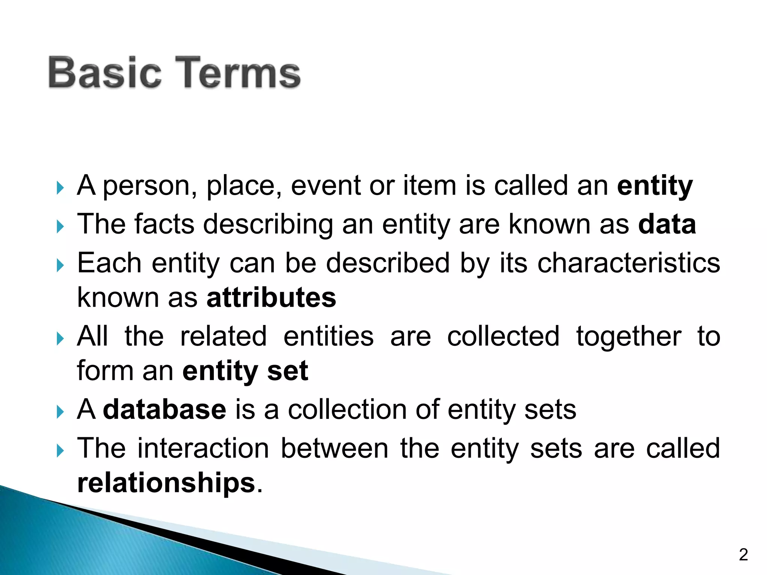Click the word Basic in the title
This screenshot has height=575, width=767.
pyautogui.click(x=105, y=73)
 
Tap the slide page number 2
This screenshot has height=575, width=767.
pyautogui.click(x=743, y=554)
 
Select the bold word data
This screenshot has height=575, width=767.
pyautogui.click(x=667, y=224)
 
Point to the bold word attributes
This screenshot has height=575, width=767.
pyautogui.click(x=271, y=298)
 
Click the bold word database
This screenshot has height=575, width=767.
pyautogui.click(x=164, y=410)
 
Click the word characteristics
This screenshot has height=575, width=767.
pyautogui.click(x=629, y=263)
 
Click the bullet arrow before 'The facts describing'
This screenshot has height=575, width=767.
pyautogui.click(x=60, y=226)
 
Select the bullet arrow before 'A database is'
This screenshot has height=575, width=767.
pyautogui.click(x=60, y=412)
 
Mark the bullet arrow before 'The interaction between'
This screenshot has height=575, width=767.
pyautogui.click(x=60, y=451)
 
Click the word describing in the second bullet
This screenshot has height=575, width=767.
pyautogui.click(x=268, y=225)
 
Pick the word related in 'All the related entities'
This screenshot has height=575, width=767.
pyautogui.click(x=224, y=336)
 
